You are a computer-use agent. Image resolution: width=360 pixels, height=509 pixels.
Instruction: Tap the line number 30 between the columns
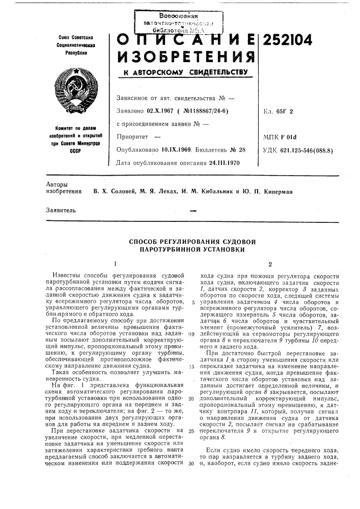(190, 464)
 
